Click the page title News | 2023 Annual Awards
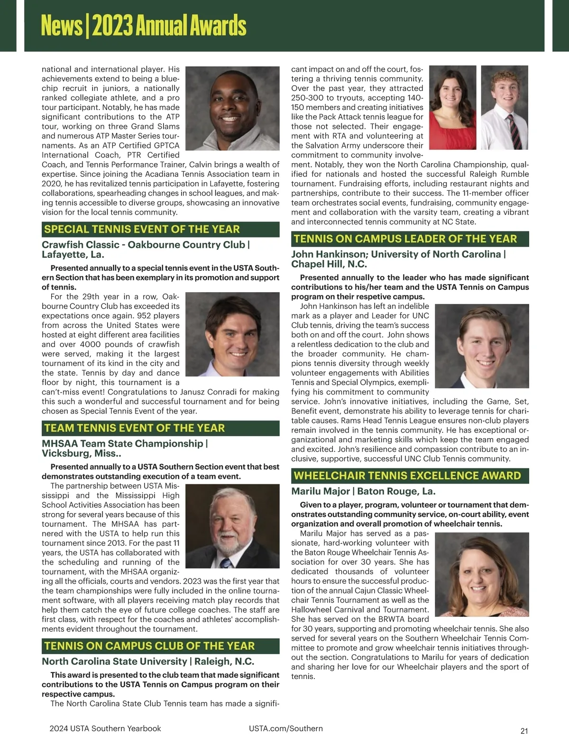[x=144, y=26]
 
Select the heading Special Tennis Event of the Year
[x=142, y=230]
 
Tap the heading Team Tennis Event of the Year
[x=134, y=428]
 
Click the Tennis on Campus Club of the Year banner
[x=149, y=646]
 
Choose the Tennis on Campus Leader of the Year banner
[x=405, y=239]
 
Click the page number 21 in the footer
[x=524, y=731]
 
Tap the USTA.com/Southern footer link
[x=285, y=728]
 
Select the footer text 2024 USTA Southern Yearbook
[x=105, y=728]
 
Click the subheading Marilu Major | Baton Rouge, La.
[x=363, y=491]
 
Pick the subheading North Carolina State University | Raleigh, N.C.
[x=148, y=661]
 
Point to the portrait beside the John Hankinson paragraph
[x=481, y=347]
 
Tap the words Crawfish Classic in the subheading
[x=81, y=245]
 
